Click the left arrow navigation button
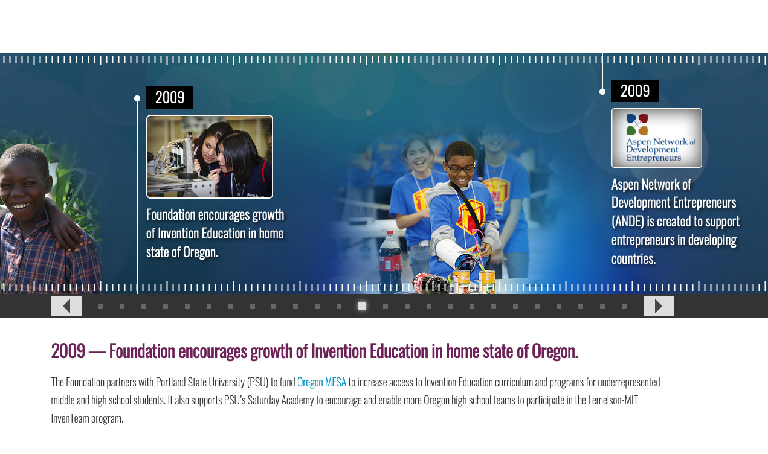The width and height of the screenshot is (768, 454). click(x=66, y=306)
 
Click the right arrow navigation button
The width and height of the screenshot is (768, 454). click(x=658, y=306)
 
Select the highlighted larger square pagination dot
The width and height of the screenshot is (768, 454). click(x=362, y=306)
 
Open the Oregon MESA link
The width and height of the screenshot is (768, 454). click(x=321, y=382)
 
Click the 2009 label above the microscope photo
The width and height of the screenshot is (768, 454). click(x=170, y=97)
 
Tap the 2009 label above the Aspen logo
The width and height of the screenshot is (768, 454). click(x=635, y=91)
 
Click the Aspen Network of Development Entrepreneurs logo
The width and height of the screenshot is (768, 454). click(x=657, y=138)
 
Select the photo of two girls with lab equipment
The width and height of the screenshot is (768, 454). click(x=210, y=156)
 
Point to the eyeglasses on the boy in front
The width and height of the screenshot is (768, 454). click(x=460, y=168)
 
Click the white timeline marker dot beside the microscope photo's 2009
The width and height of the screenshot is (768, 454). click(x=137, y=98)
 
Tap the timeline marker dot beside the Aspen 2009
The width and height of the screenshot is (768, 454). click(x=602, y=92)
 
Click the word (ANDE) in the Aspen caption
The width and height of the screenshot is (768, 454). click(x=628, y=222)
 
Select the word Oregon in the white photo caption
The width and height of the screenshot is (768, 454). click(x=200, y=252)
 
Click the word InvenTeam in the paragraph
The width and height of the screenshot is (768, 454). click(x=70, y=418)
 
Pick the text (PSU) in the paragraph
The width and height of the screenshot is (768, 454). click(x=257, y=382)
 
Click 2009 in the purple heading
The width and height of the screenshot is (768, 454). click(x=68, y=351)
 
